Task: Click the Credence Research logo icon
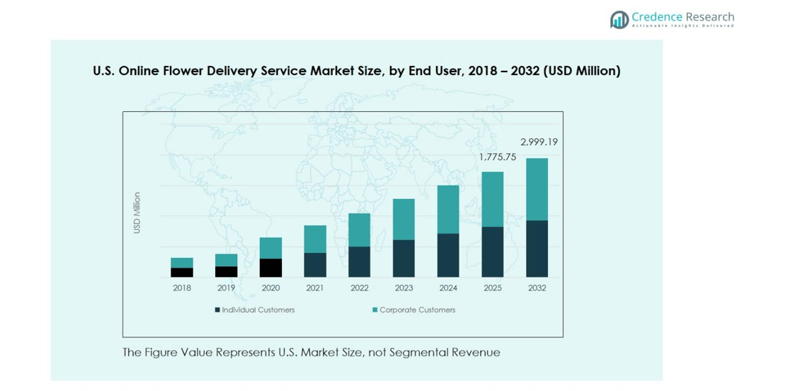pyautogui.click(x=620, y=19)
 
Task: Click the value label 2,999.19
pyautogui.click(x=539, y=142)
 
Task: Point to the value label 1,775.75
pyautogui.click(x=497, y=157)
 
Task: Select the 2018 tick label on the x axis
pyautogui.click(x=182, y=288)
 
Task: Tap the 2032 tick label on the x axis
pyautogui.click(x=537, y=288)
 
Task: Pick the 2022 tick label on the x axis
pyautogui.click(x=359, y=288)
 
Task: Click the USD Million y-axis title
pyautogui.click(x=137, y=212)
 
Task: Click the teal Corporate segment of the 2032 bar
pyautogui.click(x=537, y=189)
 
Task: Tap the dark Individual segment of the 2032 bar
pyautogui.click(x=537, y=249)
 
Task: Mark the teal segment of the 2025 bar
pyautogui.click(x=492, y=199)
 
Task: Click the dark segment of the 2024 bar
pyautogui.click(x=448, y=255)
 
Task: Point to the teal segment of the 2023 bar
pyautogui.click(x=404, y=219)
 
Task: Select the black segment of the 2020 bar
pyautogui.click(x=270, y=268)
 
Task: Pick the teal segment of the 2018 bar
pyautogui.click(x=182, y=263)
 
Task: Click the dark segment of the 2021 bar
pyautogui.click(x=315, y=265)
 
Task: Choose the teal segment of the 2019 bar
pyautogui.click(x=227, y=260)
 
